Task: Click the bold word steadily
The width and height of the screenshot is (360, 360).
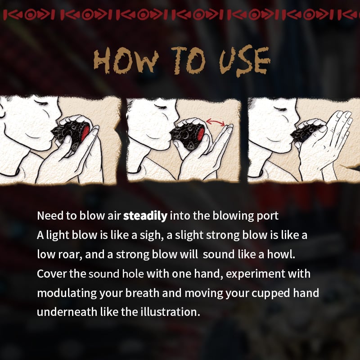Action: pyautogui.click(x=145, y=216)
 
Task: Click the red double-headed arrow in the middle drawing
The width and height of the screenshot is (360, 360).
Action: pyautogui.click(x=217, y=122)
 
